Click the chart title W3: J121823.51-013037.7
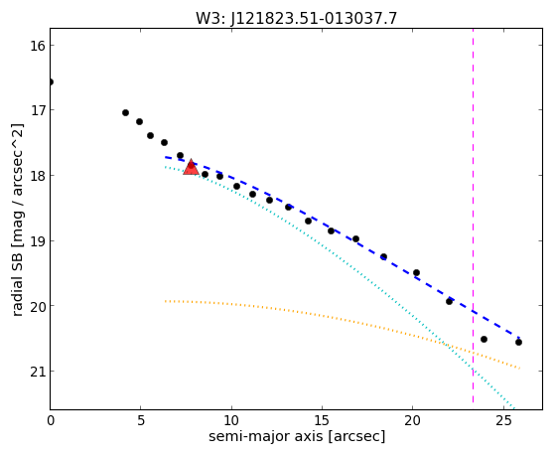click(x=296, y=18)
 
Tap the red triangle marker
click(x=192, y=168)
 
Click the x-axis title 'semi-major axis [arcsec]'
click(x=297, y=436)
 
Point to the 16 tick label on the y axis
click(x=37, y=46)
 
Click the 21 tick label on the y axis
click(x=37, y=372)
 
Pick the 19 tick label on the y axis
click(x=37, y=241)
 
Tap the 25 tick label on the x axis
click(x=503, y=420)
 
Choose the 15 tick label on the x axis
click(x=322, y=420)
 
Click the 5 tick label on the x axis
click(x=141, y=420)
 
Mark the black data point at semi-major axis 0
click(x=51, y=82)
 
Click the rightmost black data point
click(x=518, y=343)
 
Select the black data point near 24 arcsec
click(x=484, y=339)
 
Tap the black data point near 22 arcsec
click(x=449, y=302)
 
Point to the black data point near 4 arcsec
click(x=125, y=112)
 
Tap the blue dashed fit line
click(x=342, y=236)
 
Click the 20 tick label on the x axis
click(x=413, y=420)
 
